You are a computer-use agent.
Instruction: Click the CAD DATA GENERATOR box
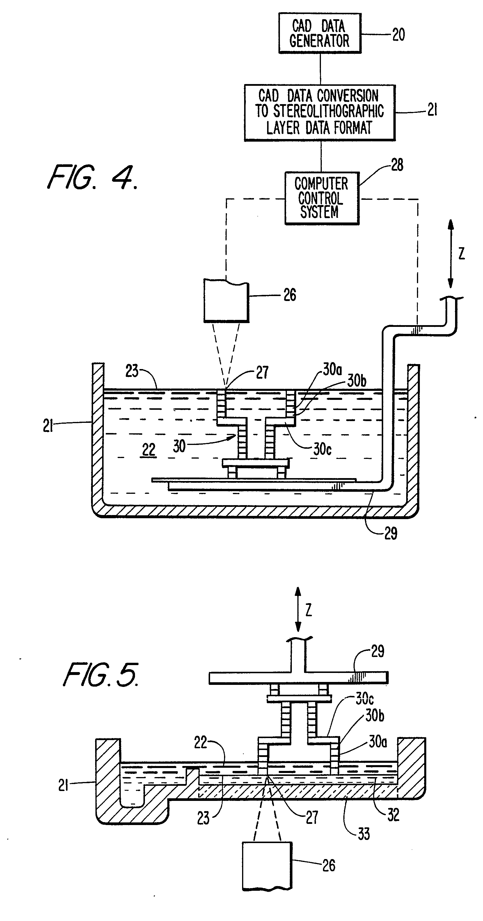pyautogui.click(x=320, y=33)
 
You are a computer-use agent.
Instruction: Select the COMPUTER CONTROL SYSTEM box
pyautogui.click(x=322, y=198)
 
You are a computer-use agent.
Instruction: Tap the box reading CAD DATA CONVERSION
pyautogui.click(x=320, y=113)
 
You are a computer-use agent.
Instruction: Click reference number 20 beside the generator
pyautogui.click(x=399, y=35)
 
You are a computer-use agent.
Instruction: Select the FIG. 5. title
pyautogui.click(x=101, y=675)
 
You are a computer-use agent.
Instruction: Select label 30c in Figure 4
pyautogui.click(x=322, y=449)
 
